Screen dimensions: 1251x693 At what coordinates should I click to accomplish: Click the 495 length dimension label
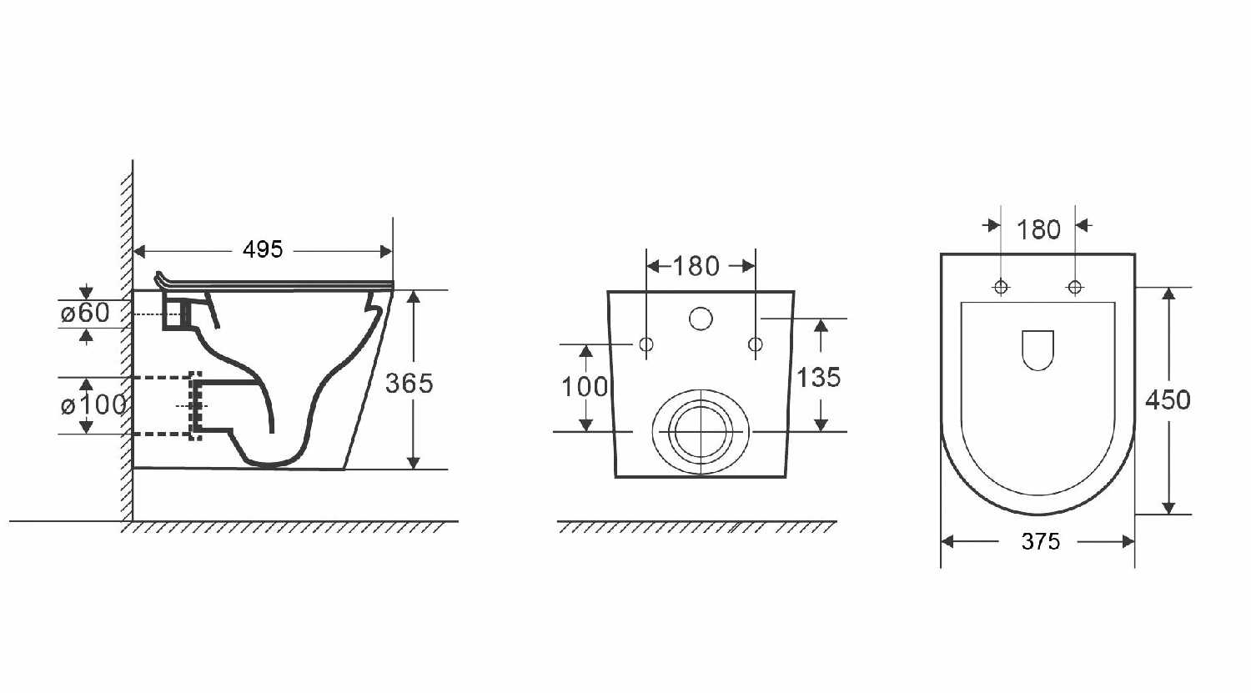(263, 249)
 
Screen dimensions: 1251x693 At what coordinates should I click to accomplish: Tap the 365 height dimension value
(409, 384)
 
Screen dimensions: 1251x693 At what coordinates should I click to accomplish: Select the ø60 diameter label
(85, 313)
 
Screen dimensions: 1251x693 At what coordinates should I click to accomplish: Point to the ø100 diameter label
(93, 404)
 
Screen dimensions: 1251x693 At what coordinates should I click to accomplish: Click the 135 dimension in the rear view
(818, 378)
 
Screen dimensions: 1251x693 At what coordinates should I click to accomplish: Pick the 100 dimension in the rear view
(585, 387)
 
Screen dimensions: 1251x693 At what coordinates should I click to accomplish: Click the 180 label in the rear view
(696, 266)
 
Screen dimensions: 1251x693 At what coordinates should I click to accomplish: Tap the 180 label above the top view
(1038, 230)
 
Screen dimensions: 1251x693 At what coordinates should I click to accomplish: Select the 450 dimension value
(1168, 399)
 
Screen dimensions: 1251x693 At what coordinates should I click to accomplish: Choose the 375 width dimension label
(1041, 541)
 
